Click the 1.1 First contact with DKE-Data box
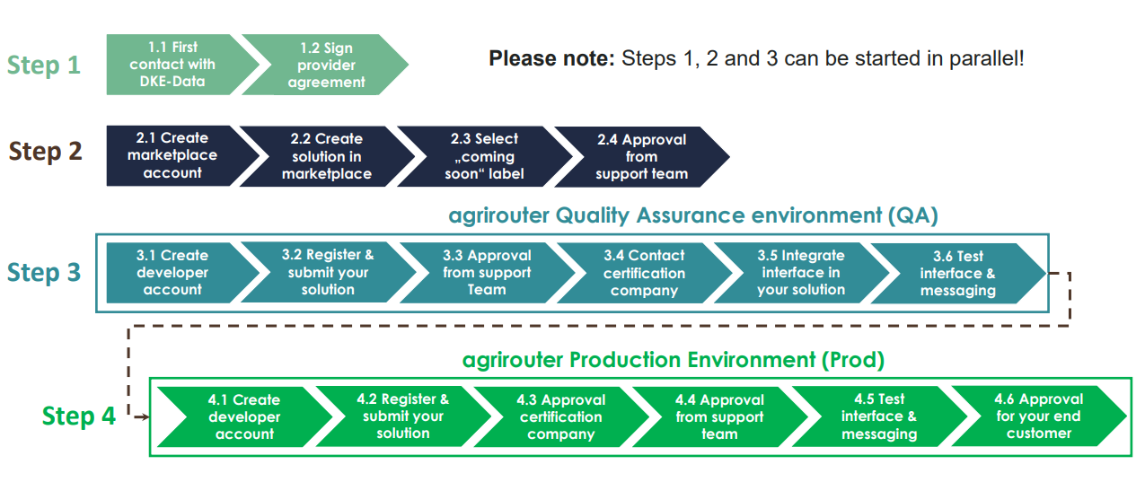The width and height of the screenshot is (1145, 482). point(172,65)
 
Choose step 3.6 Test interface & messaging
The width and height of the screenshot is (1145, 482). point(957,273)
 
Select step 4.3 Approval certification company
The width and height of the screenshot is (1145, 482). point(560,416)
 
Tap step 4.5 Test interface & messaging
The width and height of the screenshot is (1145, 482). point(878,416)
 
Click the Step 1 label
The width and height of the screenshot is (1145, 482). point(44,66)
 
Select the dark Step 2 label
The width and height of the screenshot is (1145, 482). point(45,152)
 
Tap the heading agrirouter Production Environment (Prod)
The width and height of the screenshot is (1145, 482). point(673,360)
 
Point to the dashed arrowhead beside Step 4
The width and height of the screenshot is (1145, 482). point(143,416)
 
